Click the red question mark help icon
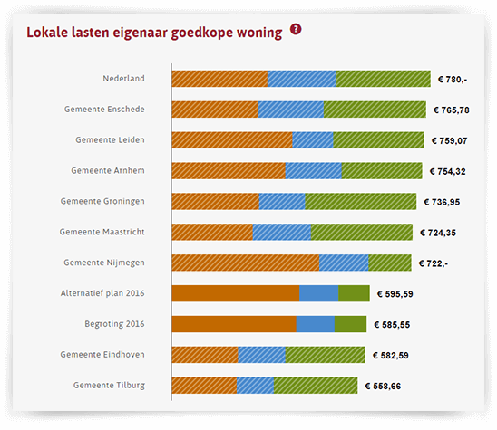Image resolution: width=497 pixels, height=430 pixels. pos(296,30)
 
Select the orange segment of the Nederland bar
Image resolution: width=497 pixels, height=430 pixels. pos(219,79)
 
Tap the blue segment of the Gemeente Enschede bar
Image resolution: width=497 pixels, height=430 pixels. pos(291,110)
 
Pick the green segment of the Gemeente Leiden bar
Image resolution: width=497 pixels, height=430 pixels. pos(378,140)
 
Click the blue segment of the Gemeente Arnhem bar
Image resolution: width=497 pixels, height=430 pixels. pos(313,171)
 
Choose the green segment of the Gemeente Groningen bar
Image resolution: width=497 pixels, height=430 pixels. pos(360,201)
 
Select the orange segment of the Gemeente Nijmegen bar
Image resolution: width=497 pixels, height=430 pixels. pos(245,263)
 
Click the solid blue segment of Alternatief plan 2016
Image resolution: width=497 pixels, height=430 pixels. pos(318,293)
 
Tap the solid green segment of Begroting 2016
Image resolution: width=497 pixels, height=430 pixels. pos(350,324)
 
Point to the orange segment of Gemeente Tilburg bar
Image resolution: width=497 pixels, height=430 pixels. pos(204,386)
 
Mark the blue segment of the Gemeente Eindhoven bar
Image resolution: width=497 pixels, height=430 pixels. pos(261,355)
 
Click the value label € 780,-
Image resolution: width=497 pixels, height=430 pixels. pos(453,80)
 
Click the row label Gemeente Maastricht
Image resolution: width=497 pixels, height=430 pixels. pos(102,232)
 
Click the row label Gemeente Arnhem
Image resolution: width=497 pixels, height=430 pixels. pos(108,170)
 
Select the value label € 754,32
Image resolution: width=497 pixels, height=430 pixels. pos(447,171)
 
